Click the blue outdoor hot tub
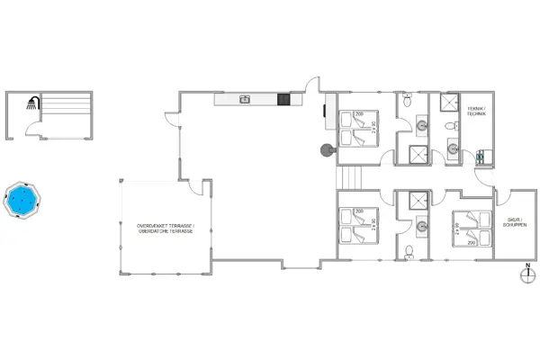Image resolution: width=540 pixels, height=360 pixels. point(22,198)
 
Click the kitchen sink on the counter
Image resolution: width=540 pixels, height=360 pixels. point(244,99)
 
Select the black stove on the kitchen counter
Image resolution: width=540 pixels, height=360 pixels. point(283,99)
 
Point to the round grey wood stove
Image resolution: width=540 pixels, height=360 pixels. point(326,150)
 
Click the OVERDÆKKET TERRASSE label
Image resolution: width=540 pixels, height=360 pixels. point(166,228)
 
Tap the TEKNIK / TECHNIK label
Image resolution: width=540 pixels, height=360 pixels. point(476,113)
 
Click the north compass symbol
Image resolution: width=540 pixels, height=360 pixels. point(526,275)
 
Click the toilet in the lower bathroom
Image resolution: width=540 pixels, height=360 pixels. point(409,251)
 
